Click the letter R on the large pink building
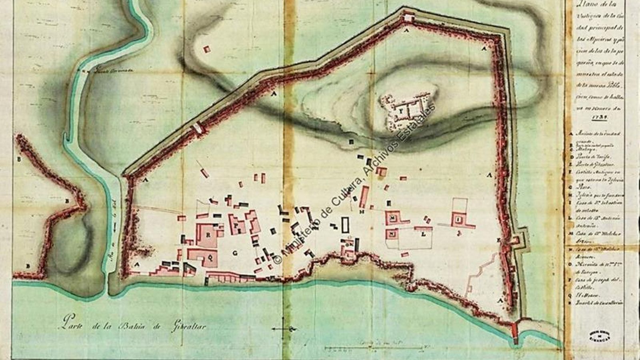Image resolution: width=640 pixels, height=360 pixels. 208,235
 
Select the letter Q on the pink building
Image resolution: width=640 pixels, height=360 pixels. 210,258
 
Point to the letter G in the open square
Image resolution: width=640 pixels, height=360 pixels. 235,253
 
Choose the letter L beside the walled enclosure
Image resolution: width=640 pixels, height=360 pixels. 423,235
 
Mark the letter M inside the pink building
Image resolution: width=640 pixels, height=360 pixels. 393,218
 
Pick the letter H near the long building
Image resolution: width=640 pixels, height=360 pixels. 361,212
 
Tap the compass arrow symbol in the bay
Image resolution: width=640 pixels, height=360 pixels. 284,329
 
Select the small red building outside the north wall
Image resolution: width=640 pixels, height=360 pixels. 206,49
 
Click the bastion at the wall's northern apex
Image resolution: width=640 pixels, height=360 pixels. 408,18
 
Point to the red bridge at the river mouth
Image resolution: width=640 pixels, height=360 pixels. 515,332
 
